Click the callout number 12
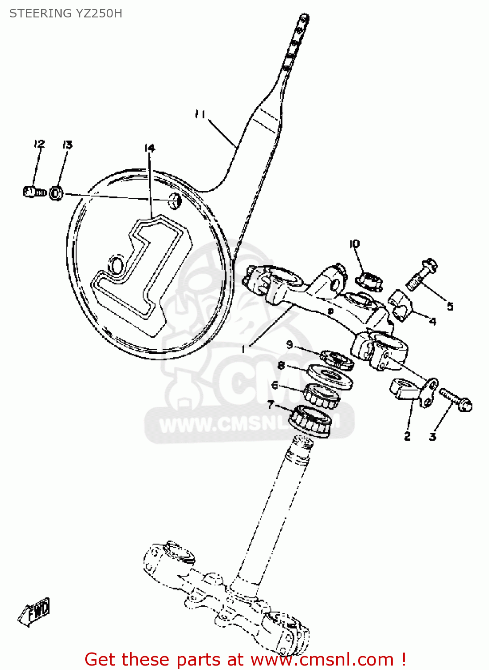(x=39, y=144)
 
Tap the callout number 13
(x=67, y=144)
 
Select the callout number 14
(x=150, y=148)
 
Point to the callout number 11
(x=200, y=115)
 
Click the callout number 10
(x=354, y=244)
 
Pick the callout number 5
(x=450, y=306)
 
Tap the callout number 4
(x=432, y=321)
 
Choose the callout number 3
(x=432, y=436)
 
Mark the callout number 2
(x=407, y=436)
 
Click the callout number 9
(x=289, y=344)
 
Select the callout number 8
(x=281, y=365)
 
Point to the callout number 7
(x=270, y=405)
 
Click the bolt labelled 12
(x=34, y=192)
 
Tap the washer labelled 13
(x=56, y=193)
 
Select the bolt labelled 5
(x=421, y=274)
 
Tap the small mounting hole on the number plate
(x=175, y=201)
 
